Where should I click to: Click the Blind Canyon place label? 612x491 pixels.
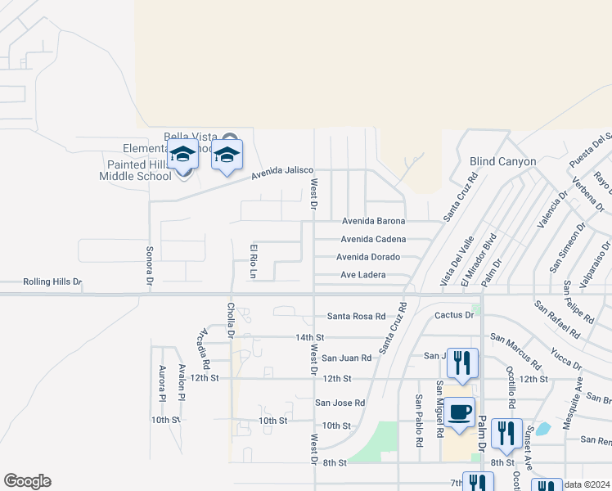[502, 161]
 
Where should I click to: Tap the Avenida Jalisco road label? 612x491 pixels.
[281, 172]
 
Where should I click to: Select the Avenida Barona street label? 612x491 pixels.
[373, 221]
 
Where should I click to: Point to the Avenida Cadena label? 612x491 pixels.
[373, 239]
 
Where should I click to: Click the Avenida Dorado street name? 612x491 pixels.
[367, 257]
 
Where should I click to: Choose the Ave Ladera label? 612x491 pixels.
[362, 275]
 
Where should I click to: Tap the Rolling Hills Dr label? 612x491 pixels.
[52, 282]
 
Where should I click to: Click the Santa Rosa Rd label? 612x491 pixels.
[356, 316]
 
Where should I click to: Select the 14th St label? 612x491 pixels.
[310, 337]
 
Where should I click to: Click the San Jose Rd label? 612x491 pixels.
[340, 403]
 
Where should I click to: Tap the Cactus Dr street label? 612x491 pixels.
[454, 315]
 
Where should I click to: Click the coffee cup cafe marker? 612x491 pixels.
[459, 412]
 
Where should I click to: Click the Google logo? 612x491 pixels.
[27, 481]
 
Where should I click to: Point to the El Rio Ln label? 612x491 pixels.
[254, 259]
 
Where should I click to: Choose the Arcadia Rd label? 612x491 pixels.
[205, 349]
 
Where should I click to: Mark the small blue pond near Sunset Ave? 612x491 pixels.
[544, 428]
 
